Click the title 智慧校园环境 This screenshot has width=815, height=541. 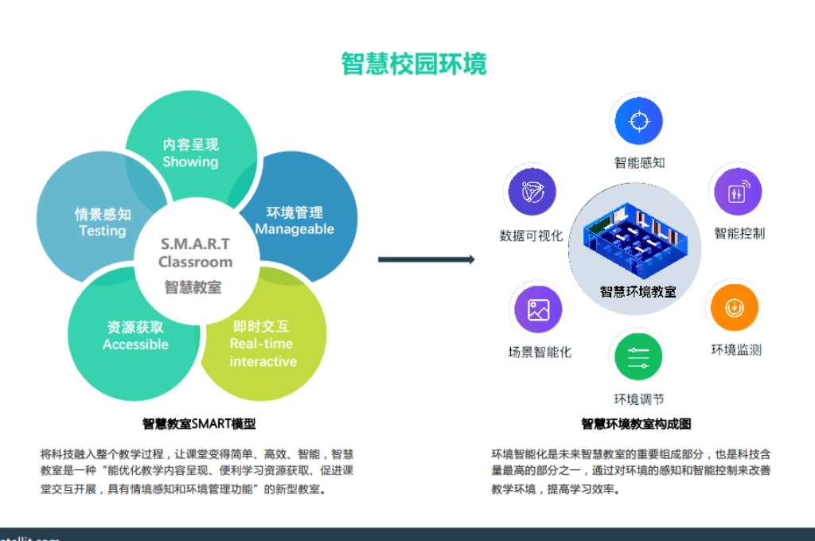point(414,64)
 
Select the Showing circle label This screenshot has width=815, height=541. point(190,162)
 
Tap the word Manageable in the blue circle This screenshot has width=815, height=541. point(294,229)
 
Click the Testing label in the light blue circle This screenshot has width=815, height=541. point(103,231)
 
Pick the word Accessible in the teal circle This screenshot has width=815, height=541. point(135,344)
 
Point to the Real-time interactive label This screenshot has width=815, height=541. point(263,352)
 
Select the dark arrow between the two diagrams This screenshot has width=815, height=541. point(426,259)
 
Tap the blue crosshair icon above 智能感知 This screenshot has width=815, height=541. point(636,121)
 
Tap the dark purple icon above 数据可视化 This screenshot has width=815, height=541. point(531,193)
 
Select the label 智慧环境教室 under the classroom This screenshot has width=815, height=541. point(638,291)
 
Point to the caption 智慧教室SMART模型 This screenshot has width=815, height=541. point(199,423)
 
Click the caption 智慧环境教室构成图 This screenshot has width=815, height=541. point(636,423)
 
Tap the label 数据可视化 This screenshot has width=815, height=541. point(531,235)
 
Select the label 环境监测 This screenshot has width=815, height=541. point(736,349)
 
